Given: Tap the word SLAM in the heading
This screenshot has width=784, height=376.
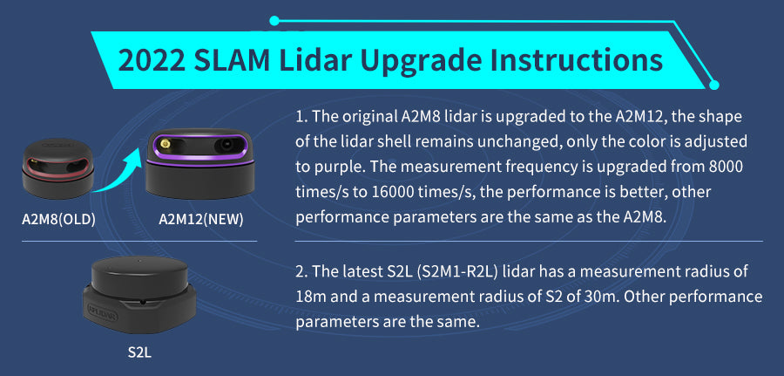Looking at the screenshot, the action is [232, 60].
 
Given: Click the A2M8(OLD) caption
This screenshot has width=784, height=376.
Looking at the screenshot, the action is [58, 220].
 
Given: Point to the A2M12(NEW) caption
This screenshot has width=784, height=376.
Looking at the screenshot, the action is [201, 220].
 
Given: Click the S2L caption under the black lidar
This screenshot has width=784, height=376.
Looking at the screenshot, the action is [139, 352].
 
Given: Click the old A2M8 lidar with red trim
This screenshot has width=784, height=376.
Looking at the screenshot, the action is [58, 168].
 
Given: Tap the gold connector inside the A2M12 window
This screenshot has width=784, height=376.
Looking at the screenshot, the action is [164, 146].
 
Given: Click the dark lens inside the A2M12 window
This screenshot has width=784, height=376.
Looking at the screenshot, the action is [225, 146].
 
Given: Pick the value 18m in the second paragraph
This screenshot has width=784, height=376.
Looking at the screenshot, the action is [311, 297].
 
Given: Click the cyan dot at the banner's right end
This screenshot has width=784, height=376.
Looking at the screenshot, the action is [714, 85].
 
